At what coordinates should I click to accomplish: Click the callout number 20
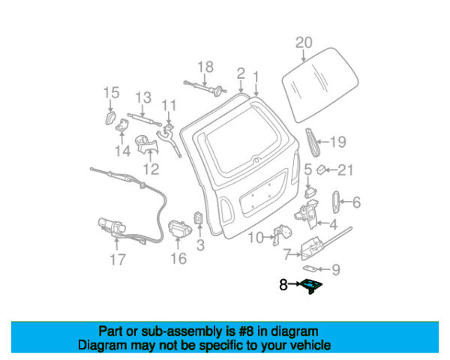(x=303, y=42)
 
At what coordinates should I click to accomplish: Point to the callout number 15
(x=111, y=92)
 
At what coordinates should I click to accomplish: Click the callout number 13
(x=143, y=97)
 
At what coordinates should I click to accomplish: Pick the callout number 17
(x=117, y=260)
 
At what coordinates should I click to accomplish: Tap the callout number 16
(x=178, y=259)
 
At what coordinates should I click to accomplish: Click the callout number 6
(x=356, y=201)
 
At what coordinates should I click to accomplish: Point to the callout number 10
(x=255, y=238)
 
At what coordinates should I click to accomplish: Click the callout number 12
(x=151, y=169)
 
